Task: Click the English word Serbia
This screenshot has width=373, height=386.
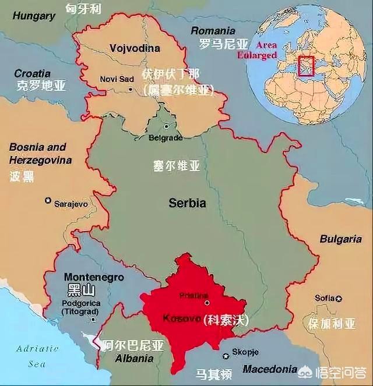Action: tap(187, 203)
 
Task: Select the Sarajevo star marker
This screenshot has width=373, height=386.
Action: tap(48, 200)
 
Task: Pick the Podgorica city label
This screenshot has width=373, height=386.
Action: tap(80, 303)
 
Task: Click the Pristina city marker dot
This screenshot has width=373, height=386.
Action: tap(206, 303)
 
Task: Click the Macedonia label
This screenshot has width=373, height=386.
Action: tap(270, 369)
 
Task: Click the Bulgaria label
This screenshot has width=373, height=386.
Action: tap(340, 239)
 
